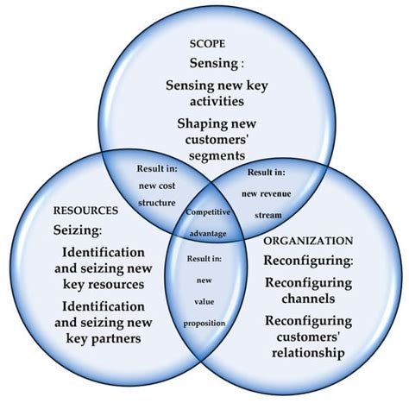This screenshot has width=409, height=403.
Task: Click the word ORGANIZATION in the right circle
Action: point(309,241)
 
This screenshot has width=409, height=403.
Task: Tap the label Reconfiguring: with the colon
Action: point(309,260)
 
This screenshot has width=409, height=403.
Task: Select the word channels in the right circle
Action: point(309,299)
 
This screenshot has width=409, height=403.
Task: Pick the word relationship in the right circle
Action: point(308,353)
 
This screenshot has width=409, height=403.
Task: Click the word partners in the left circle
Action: point(103,338)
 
